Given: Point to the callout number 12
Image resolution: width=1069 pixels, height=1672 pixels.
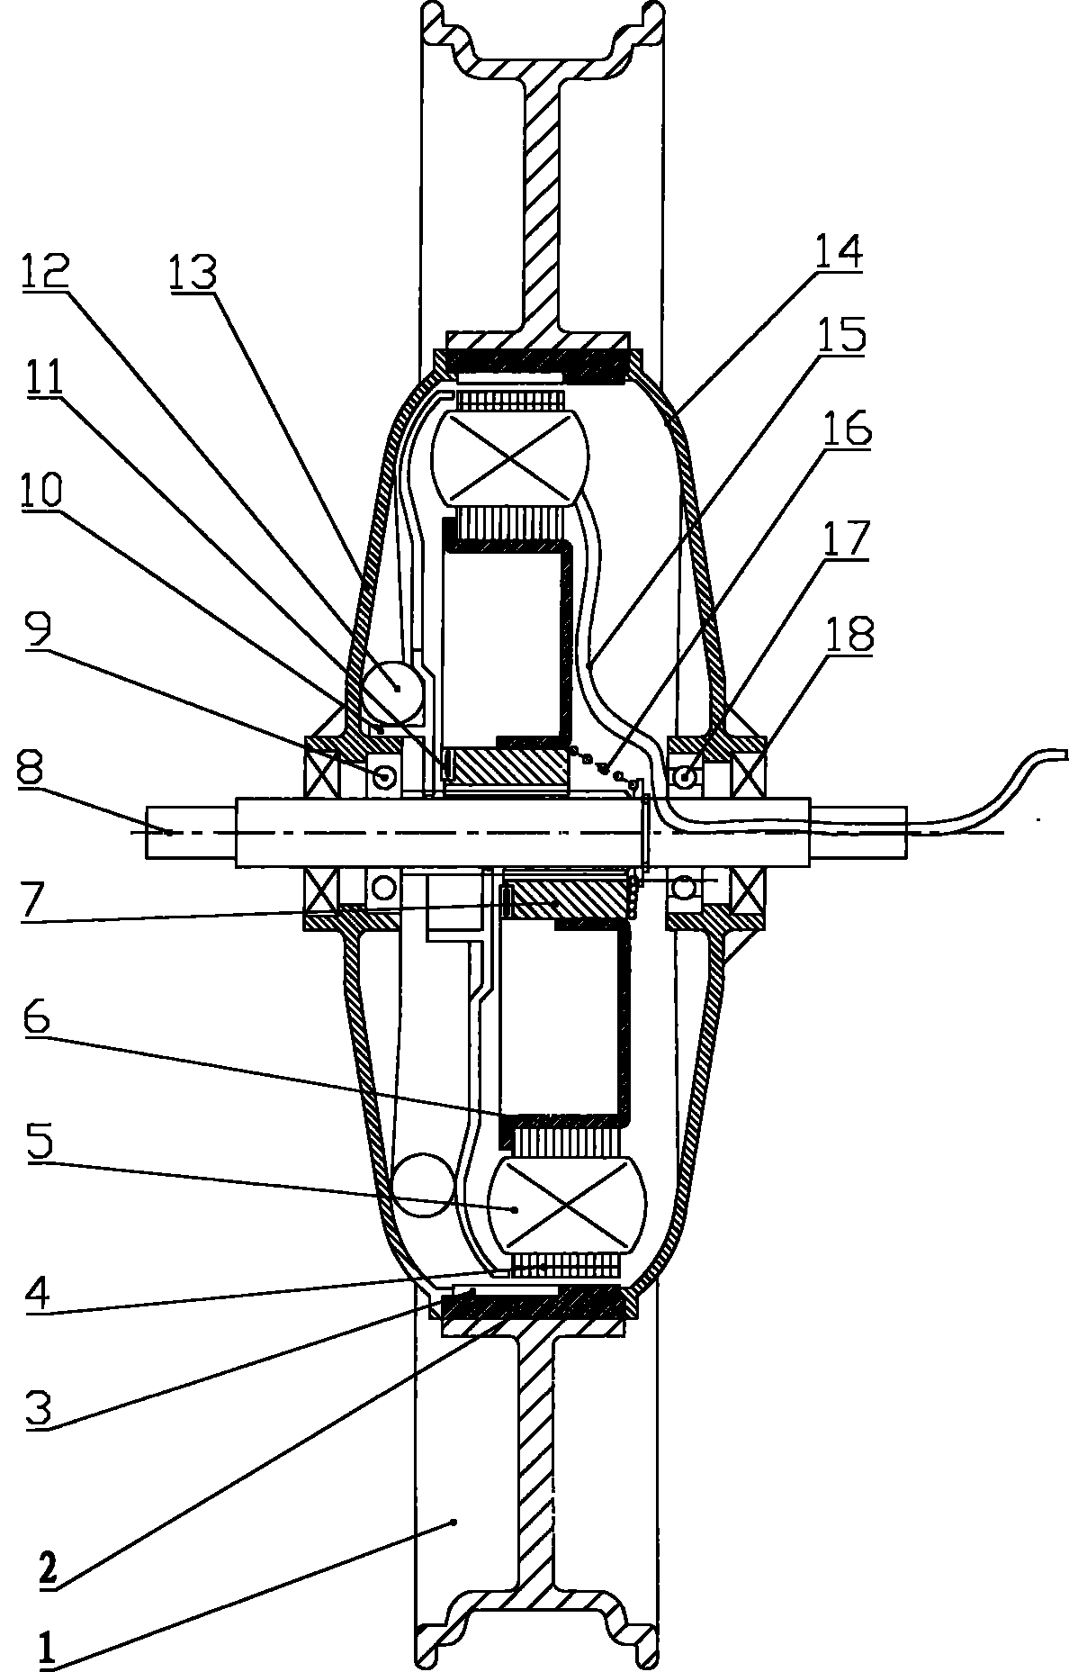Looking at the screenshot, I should (x=42, y=270).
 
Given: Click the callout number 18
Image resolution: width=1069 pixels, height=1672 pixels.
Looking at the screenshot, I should (x=849, y=636).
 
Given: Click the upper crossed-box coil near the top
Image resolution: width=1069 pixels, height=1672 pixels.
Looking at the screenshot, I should (x=509, y=457).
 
